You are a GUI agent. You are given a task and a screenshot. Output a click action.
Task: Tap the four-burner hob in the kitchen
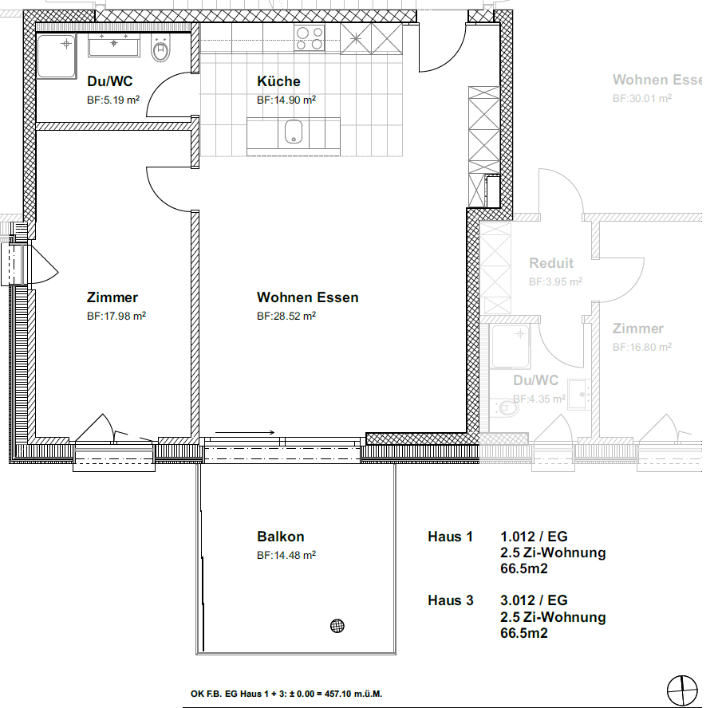click(310, 38)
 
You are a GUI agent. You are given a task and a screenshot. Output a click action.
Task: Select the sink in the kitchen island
click(294, 132)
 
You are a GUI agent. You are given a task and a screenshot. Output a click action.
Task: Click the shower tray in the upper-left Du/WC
click(56, 56)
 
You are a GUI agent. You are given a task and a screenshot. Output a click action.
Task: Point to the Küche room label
click(278, 81)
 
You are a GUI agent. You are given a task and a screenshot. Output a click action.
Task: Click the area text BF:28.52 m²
click(286, 316)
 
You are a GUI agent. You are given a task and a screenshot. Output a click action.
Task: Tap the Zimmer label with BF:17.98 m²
click(112, 297)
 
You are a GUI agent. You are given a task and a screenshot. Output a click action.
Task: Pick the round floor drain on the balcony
click(337, 626)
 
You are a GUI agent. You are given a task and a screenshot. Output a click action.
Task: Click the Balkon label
click(281, 537)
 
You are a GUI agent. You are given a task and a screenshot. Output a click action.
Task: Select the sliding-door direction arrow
click(245, 432)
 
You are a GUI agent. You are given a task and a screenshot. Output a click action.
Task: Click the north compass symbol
click(682, 690)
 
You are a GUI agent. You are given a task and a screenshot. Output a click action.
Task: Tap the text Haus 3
click(451, 600)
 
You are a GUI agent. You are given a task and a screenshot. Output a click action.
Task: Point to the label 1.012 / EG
click(534, 537)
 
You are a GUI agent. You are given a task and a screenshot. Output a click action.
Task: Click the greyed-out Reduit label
click(551, 263)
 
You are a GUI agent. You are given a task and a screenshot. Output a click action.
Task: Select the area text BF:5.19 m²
click(113, 100)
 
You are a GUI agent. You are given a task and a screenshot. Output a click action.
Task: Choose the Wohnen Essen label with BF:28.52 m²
click(308, 297)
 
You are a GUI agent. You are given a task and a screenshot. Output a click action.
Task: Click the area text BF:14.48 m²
click(286, 555)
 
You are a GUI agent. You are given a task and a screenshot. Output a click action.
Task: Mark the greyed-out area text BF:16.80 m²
click(642, 347)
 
